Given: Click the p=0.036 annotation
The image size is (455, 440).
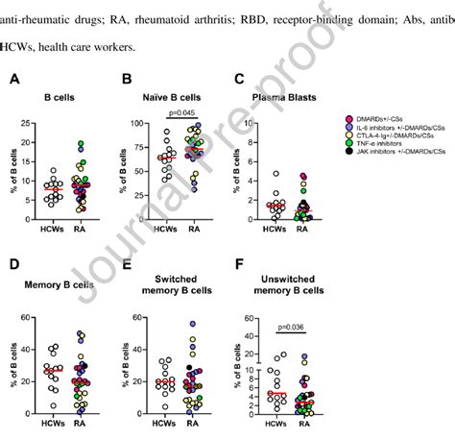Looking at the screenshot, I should [x=295, y=327].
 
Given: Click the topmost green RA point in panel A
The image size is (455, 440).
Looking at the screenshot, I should [x=82, y=144].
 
